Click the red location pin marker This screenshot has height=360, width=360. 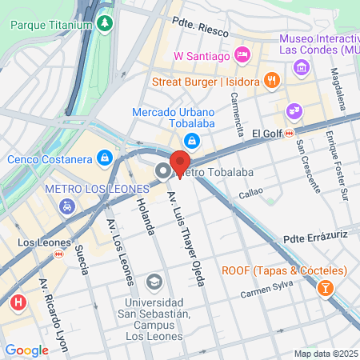click(x=180, y=162)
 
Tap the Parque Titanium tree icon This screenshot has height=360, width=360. click(x=105, y=24)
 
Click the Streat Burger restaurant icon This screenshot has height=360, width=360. click(x=273, y=79)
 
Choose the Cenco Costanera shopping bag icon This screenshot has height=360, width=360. click(x=104, y=158)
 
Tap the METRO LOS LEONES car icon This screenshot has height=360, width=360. click(x=65, y=206)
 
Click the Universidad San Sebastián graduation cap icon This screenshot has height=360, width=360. click(x=154, y=282)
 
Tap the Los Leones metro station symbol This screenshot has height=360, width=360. click(x=58, y=254)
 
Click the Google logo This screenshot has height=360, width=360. click(x=26, y=350)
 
